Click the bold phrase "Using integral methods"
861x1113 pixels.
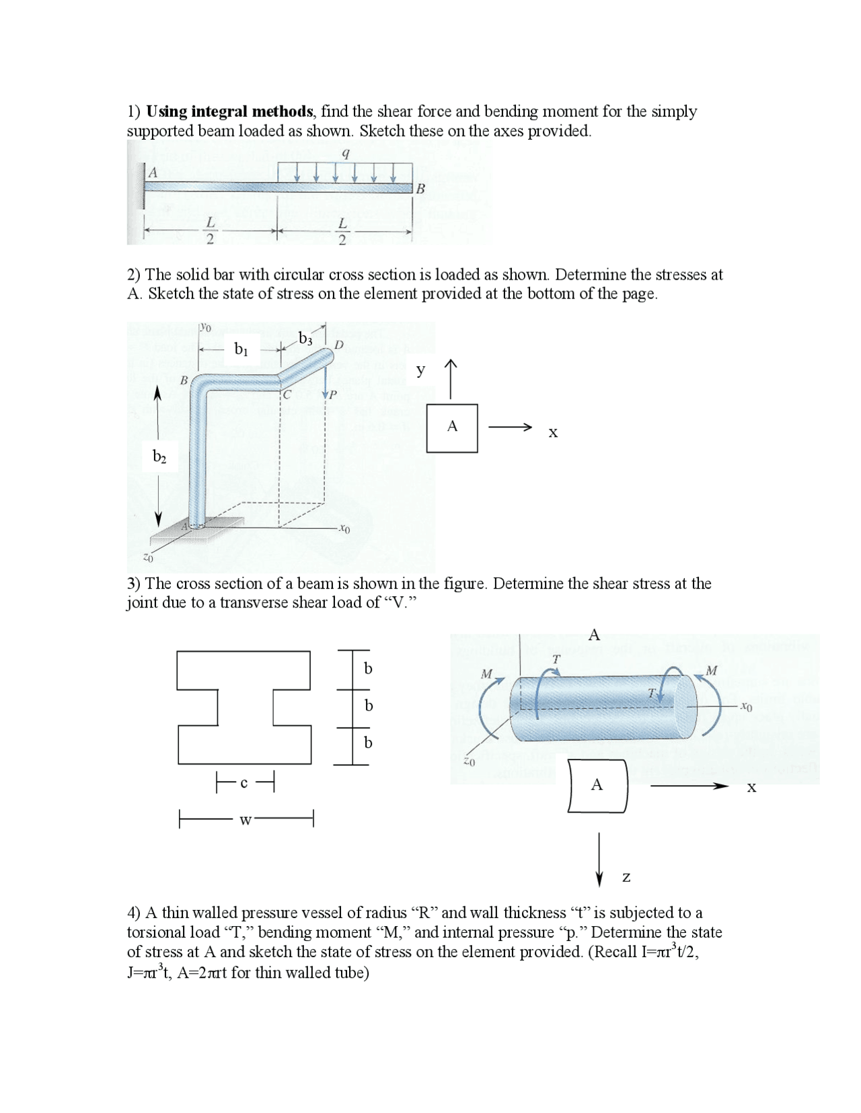pos(229,112)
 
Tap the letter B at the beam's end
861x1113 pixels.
pos(420,190)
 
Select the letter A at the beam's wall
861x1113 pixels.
pos(153,173)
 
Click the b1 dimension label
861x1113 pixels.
pos(241,348)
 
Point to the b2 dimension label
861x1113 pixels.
pos(159,457)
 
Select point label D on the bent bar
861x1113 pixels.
pos(339,345)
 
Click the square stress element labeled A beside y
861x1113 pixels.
pos(452,427)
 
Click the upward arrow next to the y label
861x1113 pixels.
pos(451,378)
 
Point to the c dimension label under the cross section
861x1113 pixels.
pos(244,782)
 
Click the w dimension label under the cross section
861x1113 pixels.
pos(245,821)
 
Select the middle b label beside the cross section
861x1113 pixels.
pos(368,706)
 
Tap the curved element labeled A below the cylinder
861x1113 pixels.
pos(597,785)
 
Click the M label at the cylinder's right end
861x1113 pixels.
pos(712,670)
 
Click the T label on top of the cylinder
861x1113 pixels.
pos(556,659)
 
